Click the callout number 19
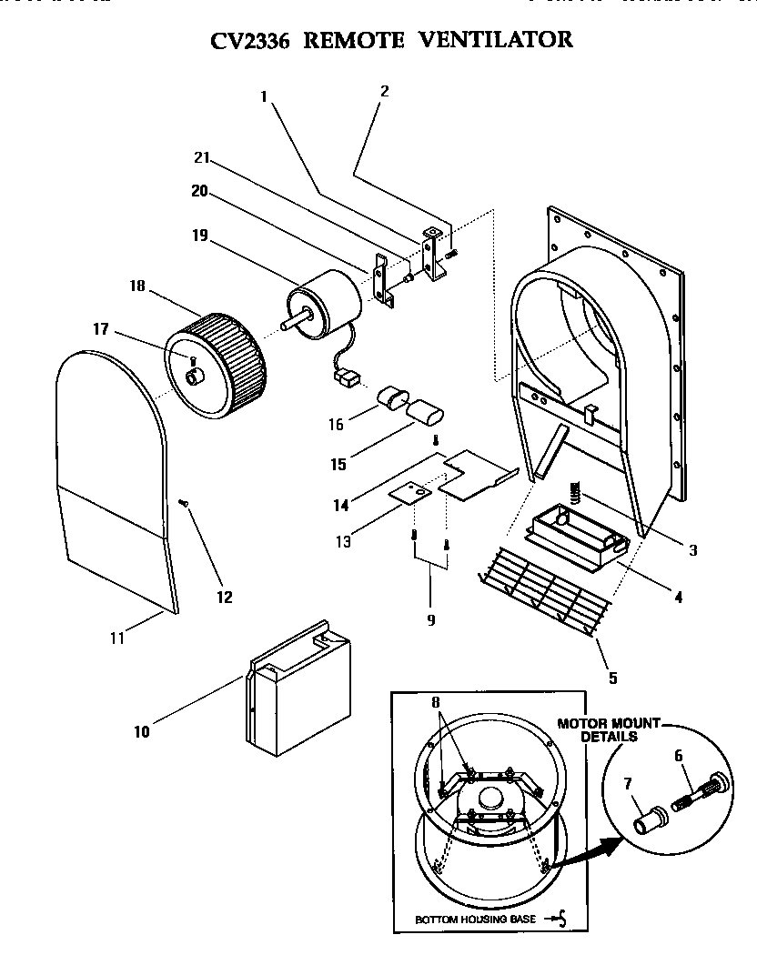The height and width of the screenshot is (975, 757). pos(200,236)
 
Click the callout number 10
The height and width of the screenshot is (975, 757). pos(142,731)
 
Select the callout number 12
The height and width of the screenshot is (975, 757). pos(224,598)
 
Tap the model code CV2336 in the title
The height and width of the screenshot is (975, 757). pos(249,39)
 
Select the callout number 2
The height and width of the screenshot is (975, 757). pos(384,91)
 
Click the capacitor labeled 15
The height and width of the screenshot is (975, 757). pos(424,412)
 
